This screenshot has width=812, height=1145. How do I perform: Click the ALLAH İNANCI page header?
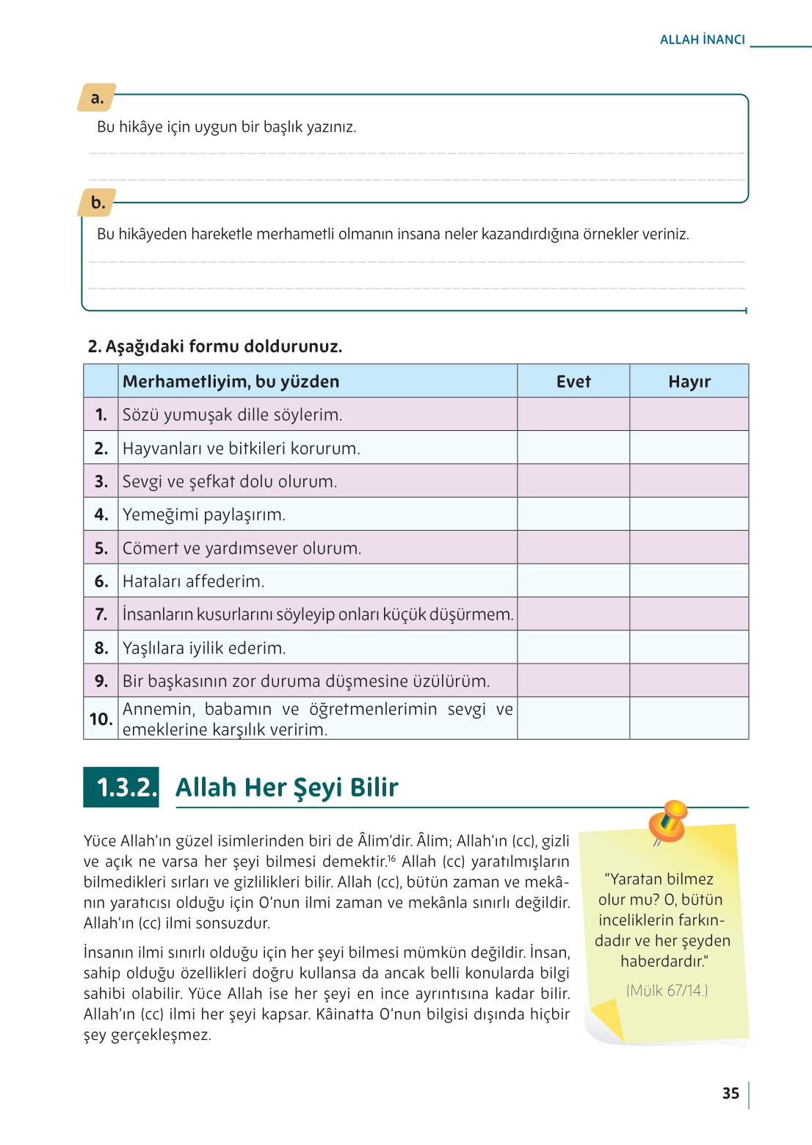(x=702, y=40)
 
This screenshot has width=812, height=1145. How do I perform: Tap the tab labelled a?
(x=97, y=98)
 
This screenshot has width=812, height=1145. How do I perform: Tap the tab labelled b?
(x=98, y=203)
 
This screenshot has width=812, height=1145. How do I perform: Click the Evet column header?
(x=573, y=382)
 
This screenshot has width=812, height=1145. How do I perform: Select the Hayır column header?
(x=689, y=382)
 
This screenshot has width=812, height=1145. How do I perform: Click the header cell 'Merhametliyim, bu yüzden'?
(x=231, y=382)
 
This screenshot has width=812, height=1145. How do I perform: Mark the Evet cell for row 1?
(x=573, y=415)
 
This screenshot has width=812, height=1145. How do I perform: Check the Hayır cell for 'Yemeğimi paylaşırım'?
(x=689, y=515)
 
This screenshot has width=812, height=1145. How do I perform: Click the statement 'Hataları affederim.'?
(x=193, y=581)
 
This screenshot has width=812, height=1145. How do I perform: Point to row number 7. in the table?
(x=101, y=614)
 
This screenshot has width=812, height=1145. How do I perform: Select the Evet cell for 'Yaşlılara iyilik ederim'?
(x=573, y=648)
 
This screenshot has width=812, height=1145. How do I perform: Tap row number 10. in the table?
(x=101, y=719)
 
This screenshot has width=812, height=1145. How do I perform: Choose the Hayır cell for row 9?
(x=689, y=681)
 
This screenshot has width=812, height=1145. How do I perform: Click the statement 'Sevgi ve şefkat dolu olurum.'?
(x=230, y=481)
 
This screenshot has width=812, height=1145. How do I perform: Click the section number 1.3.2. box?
(x=121, y=788)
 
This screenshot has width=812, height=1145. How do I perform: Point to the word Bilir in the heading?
(x=374, y=788)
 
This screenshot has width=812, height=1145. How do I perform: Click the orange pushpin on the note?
(x=668, y=821)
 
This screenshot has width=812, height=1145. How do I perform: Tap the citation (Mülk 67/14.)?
(x=667, y=991)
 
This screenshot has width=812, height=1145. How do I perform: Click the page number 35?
(x=731, y=1094)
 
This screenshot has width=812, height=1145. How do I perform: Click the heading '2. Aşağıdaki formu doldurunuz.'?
(x=215, y=346)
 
